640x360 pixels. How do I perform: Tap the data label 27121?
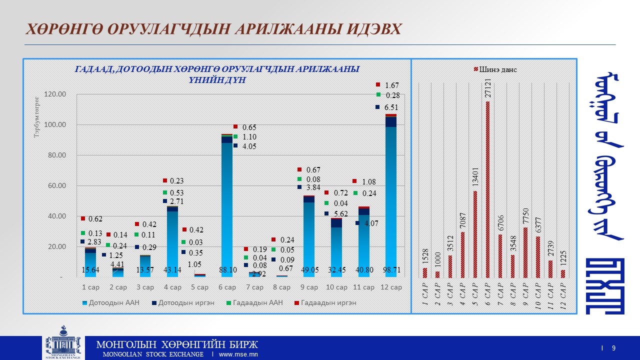(487, 87)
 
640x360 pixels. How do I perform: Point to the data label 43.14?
(172, 270)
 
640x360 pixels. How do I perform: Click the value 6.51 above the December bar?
(391, 107)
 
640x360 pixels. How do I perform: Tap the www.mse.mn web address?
(238, 354)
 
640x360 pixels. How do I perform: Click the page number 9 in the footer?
(613, 348)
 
